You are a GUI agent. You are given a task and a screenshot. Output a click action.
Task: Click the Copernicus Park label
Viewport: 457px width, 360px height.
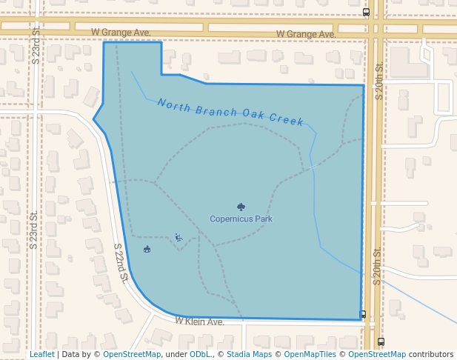(241, 219)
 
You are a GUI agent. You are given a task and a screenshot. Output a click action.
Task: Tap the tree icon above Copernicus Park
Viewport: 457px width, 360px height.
(241, 207)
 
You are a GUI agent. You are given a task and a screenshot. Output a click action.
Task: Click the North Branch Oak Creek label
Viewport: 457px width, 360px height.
(230, 112)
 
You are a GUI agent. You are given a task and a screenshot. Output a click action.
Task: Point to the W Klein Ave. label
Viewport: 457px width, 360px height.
(199, 321)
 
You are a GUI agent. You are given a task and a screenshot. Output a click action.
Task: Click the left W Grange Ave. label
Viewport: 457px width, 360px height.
(121, 33)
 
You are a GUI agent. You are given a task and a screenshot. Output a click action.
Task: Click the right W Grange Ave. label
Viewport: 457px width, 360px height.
(306, 34)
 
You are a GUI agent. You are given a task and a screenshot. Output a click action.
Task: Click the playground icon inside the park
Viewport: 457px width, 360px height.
(179, 237)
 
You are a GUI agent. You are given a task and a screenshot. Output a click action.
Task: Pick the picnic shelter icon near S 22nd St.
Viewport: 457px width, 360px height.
(147, 249)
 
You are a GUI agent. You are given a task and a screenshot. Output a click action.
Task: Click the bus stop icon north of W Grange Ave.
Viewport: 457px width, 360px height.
(366, 12)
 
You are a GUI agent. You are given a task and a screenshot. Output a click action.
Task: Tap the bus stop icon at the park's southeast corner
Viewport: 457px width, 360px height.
(363, 314)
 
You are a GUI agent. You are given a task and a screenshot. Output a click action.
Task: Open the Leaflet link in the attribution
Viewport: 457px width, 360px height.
(42, 354)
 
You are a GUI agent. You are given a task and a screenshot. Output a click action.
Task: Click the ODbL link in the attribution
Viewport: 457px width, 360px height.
(200, 354)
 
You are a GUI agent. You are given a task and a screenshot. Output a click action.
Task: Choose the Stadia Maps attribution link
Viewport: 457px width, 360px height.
(249, 354)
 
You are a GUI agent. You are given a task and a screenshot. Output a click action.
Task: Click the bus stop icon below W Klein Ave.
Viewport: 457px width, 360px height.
(381, 341)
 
